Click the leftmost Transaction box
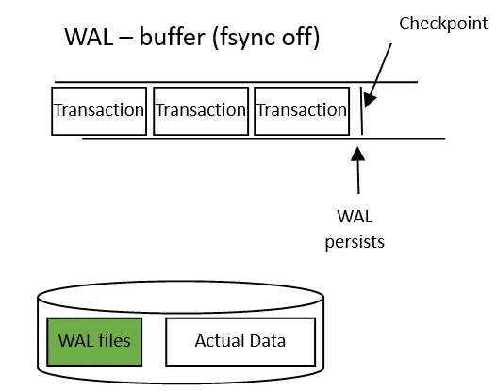[x=99, y=110]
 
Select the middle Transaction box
[x=200, y=110]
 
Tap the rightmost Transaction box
[x=302, y=110]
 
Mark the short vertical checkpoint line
[x=362, y=111]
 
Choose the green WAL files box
[x=94, y=340]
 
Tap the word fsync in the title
[x=246, y=39]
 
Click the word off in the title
[x=300, y=39]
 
